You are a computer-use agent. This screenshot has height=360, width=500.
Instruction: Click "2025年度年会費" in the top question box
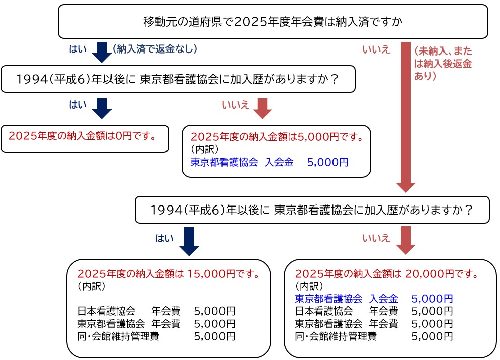[x=279, y=22]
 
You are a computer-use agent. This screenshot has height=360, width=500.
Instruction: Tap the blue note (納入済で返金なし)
[x=155, y=49]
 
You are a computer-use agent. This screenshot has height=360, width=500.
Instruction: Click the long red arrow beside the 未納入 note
[x=405, y=117]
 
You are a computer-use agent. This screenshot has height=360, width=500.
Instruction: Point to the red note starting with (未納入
[x=443, y=64]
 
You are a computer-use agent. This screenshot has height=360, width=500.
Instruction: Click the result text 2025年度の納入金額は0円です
[x=82, y=136]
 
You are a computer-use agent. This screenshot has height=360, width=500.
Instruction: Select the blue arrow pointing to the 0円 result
[x=102, y=109]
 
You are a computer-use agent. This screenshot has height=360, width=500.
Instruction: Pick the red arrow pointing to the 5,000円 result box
[x=262, y=109]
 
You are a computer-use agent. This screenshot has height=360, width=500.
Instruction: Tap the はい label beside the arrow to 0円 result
[x=78, y=105]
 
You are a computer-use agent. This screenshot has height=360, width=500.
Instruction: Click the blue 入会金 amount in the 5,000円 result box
[x=327, y=162]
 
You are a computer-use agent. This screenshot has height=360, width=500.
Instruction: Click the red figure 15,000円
[x=211, y=274]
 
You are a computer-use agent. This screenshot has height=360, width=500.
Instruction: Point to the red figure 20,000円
[x=429, y=274]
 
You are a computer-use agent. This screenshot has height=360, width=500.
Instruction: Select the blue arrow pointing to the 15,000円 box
[x=189, y=241]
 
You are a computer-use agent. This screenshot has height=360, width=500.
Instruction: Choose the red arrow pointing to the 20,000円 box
[x=405, y=241]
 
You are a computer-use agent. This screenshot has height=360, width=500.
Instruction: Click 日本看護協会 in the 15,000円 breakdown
[x=106, y=311]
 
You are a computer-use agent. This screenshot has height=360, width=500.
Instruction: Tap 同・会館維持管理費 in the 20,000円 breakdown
[x=336, y=336]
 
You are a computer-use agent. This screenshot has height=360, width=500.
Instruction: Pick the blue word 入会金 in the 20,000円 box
[x=383, y=299]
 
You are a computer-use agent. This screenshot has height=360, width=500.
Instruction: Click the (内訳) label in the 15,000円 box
[x=91, y=286]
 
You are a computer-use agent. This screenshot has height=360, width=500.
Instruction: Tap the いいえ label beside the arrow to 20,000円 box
[x=376, y=238]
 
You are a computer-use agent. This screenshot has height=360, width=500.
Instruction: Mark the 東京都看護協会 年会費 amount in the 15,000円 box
[x=214, y=324]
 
